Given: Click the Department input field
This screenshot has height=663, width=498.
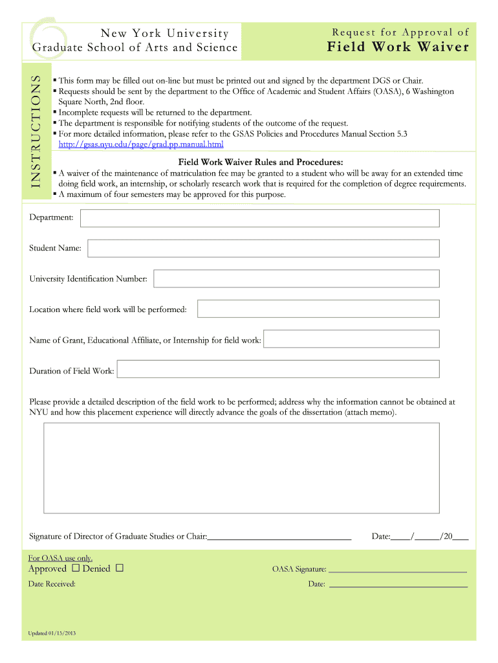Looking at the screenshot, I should (259, 218).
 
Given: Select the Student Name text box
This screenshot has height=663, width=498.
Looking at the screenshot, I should (263, 249).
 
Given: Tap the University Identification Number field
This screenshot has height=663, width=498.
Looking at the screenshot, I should (296, 279).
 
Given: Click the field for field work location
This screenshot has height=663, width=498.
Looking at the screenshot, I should (318, 309).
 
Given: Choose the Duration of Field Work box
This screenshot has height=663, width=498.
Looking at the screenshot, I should (277, 370).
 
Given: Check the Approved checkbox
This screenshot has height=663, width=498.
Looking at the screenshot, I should (76, 568).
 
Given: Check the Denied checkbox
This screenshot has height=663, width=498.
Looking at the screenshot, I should (120, 568).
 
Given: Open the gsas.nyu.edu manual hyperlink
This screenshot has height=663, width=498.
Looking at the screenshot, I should (140, 144).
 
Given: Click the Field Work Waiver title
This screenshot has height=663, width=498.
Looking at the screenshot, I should (398, 47).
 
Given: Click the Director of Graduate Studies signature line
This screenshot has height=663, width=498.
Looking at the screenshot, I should (279, 537).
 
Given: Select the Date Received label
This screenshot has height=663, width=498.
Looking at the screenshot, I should (52, 584).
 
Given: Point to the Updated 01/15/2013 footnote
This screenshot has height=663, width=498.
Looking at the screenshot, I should (52, 633).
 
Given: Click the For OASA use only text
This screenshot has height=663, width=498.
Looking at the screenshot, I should (61, 558).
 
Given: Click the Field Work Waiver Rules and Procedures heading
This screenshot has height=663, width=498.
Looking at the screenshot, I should (261, 162).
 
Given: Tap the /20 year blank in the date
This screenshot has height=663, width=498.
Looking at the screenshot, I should (460, 537).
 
